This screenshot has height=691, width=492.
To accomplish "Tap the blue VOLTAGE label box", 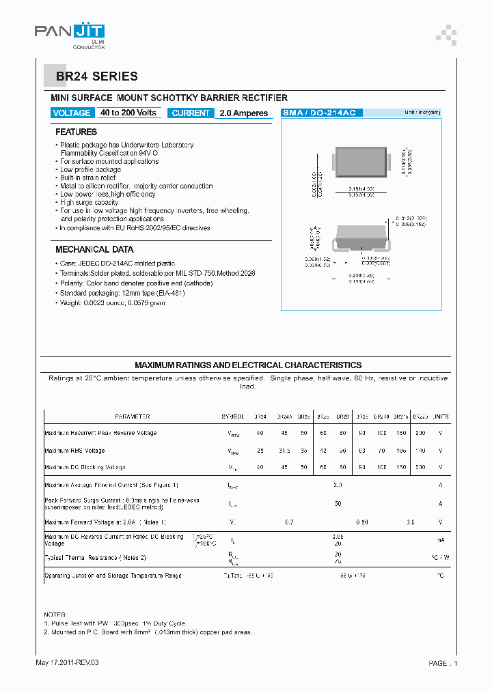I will pyautogui.click(x=72, y=113).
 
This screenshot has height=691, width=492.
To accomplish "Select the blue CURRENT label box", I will pyautogui.click(x=191, y=113).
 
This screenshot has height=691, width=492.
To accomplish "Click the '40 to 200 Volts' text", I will pyautogui.click(x=128, y=113).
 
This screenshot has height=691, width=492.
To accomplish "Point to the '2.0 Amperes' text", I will pyautogui.click(x=244, y=113).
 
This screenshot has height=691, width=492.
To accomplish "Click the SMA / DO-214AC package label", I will pyautogui.click(x=322, y=113).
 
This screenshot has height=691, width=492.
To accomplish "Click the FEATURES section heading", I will pyautogui.click(x=76, y=132).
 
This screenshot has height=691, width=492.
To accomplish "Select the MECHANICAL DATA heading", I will pyautogui.click(x=94, y=249).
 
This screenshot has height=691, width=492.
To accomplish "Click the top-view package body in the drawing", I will pyautogui.click(x=360, y=164).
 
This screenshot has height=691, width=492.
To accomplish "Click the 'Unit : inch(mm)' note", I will pyautogui.click(x=422, y=113).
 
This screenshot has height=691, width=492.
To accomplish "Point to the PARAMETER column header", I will pyautogui.click(x=132, y=417).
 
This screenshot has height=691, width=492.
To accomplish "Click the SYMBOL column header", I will pyautogui.click(x=232, y=417).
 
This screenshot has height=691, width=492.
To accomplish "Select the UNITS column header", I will pyautogui.click(x=441, y=417).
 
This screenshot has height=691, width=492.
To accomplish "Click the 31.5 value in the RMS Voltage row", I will pyautogui.click(x=285, y=451).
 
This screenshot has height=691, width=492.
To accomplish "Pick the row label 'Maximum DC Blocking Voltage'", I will pyautogui.click(x=85, y=468).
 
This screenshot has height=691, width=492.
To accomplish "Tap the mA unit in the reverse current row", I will pyautogui.click(x=441, y=540).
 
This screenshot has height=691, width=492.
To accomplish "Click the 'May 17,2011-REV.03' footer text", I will pyautogui.click(x=71, y=663).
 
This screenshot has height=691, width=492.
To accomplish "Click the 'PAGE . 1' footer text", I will pyautogui.click(x=443, y=663).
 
